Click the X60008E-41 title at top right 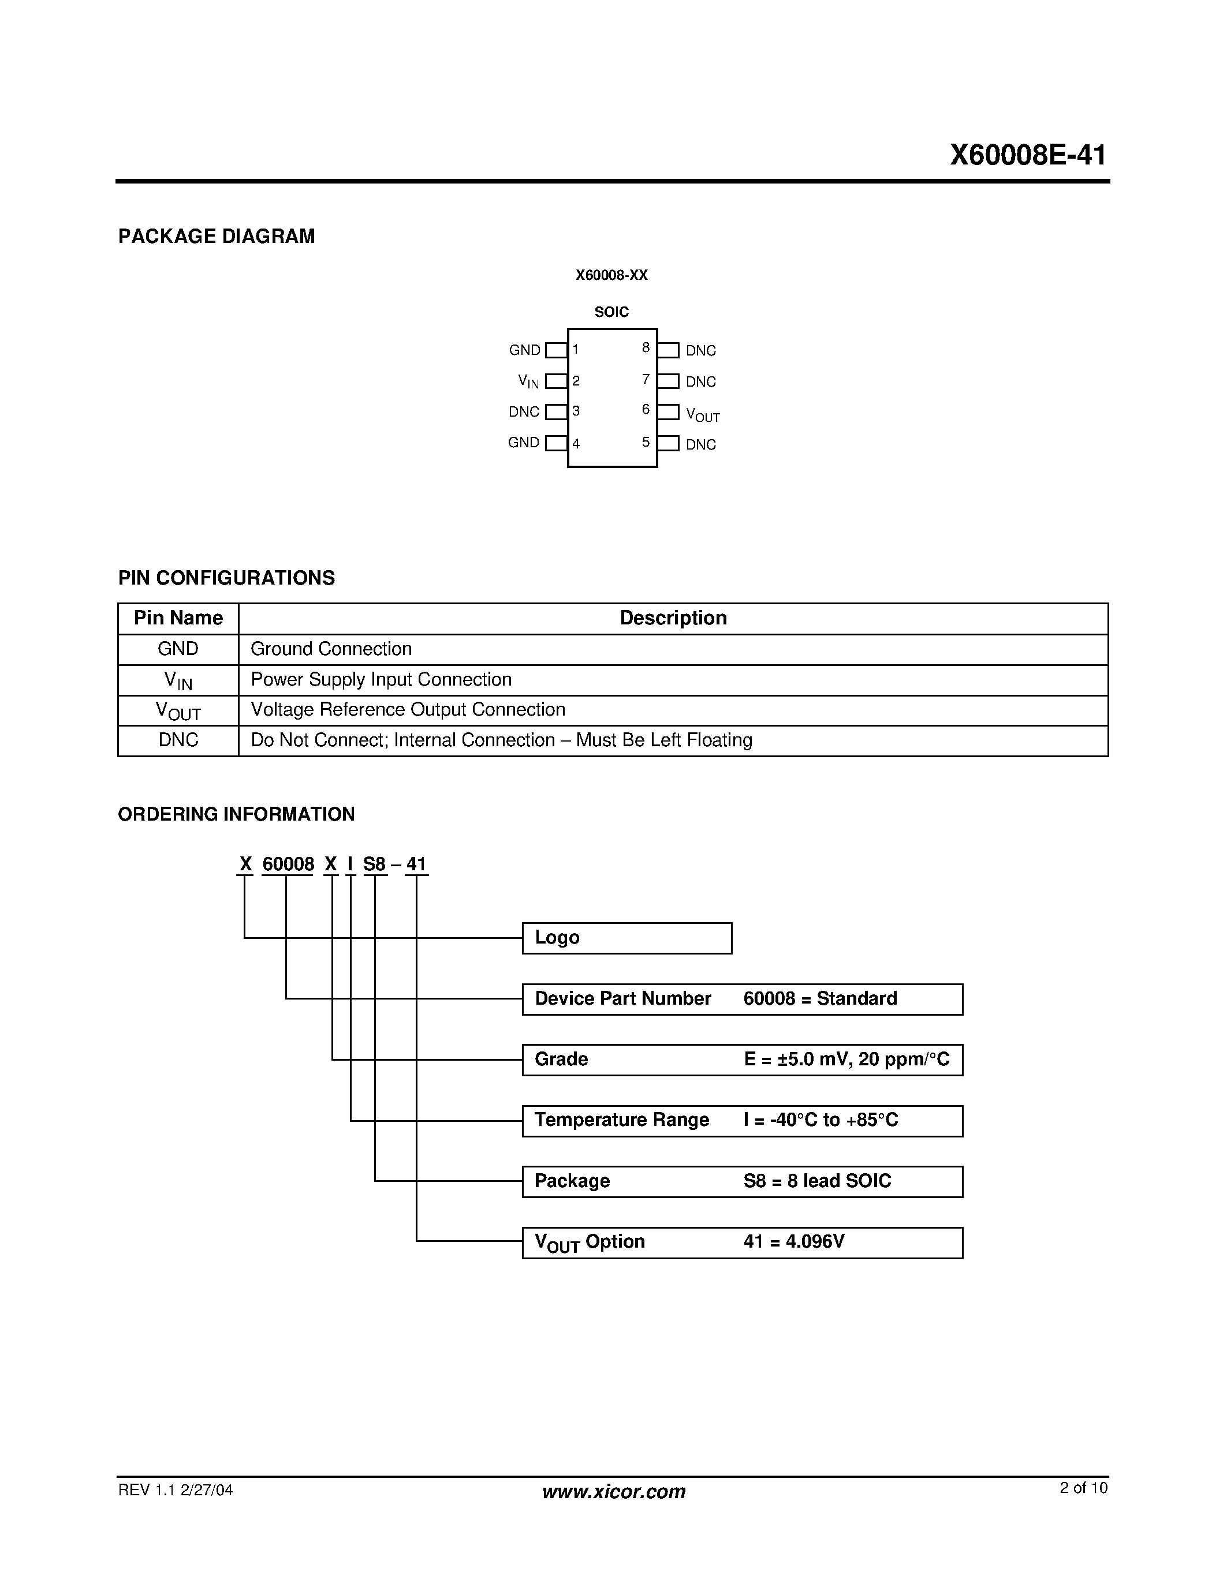coord(1027,155)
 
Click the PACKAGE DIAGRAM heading coord(216,236)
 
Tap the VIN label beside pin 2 coord(528,381)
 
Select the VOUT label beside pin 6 coord(702,414)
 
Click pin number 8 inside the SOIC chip coord(646,348)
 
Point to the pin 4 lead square coord(556,443)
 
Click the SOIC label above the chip coord(611,312)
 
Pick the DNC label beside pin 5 coord(701,445)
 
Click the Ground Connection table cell coord(331,649)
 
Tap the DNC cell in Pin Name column coord(178,740)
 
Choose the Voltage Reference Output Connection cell coord(408,710)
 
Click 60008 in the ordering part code coord(288,864)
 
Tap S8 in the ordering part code coord(374,864)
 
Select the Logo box coord(626,938)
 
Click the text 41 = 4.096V coord(794,1242)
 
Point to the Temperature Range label coord(621,1120)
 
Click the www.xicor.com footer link coord(613,1492)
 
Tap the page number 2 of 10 coord(1083,1488)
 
